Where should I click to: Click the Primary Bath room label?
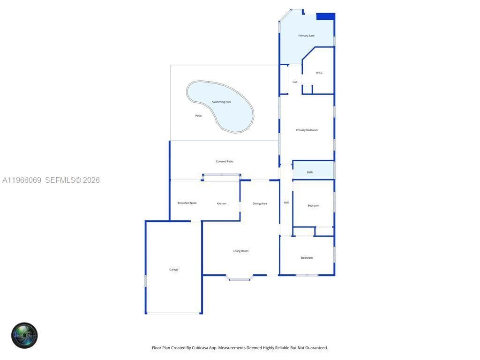pos(306,36)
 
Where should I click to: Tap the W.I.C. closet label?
pos(319,73)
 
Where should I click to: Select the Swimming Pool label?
pos(221,102)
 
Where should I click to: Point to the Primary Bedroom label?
pos(307,130)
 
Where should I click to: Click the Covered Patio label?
pos(225,161)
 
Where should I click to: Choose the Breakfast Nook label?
pos(187,203)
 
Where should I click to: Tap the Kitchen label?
pos(222,203)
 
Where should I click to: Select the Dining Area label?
pos(260,203)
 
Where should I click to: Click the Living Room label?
pos(241,251)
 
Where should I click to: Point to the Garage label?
pos(173,270)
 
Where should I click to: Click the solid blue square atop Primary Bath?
pos(325,16)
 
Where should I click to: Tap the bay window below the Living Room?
pos(240,278)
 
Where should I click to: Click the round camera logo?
pos(24,335)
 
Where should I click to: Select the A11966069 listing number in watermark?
pos(22,180)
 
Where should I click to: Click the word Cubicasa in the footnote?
pos(204,348)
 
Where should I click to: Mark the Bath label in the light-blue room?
pos(310,172)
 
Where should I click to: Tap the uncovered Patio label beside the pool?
pos(198,115)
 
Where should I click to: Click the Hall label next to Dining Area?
pos(286,202)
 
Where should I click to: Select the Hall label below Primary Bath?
pos(295,82)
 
